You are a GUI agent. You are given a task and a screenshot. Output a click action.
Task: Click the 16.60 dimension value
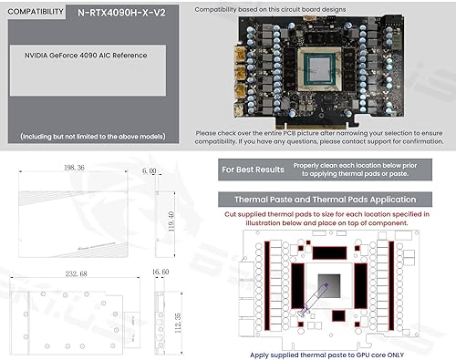(x=161, y=273)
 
